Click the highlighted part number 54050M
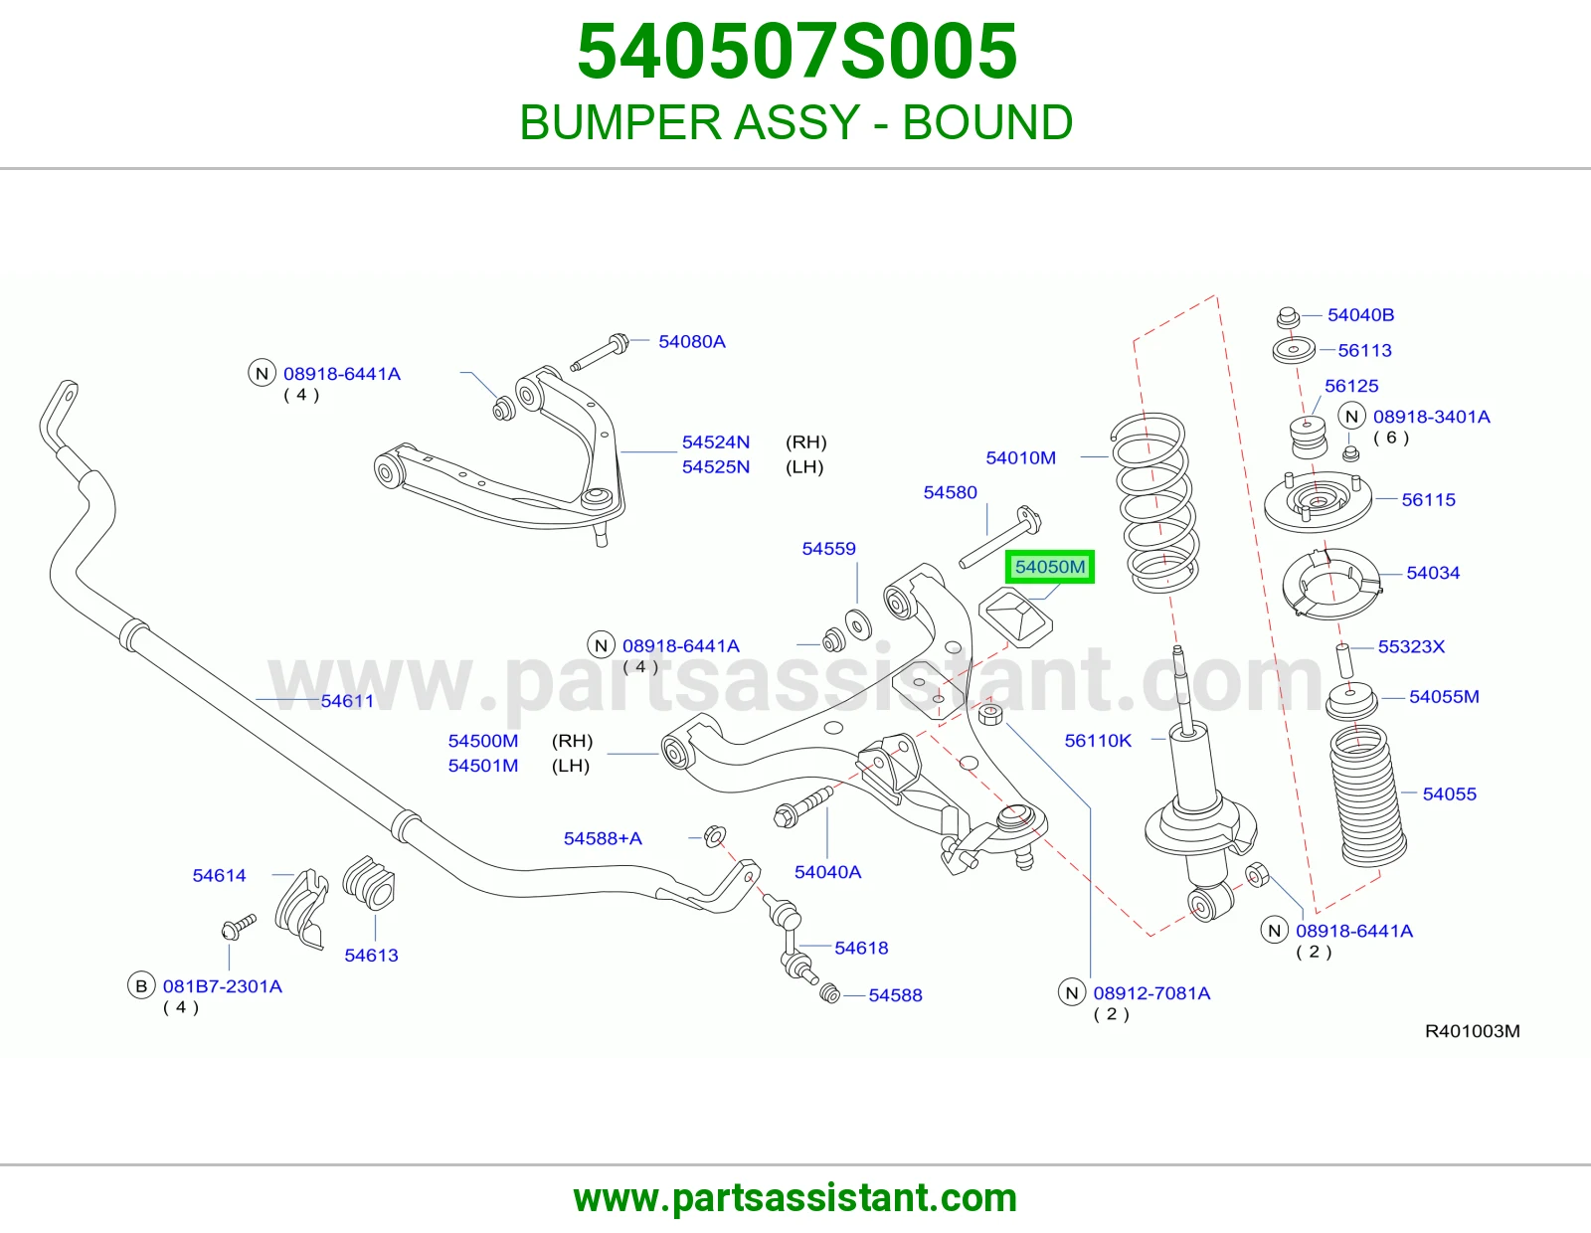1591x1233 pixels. pos(1050,567)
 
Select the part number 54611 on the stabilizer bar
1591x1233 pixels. pos(347,701)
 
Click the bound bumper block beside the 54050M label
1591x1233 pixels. pos(1015,617)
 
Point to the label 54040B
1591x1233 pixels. pos(1360,315)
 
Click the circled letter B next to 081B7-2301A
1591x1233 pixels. pos(141,985)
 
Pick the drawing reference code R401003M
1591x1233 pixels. pos(1473,1031)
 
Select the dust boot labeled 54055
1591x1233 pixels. pos(1367,795)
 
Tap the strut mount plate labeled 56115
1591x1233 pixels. pos(1318,504)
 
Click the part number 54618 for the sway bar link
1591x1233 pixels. pos(861,948)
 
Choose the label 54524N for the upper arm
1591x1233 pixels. pos(715,442)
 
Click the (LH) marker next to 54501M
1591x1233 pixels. pos(571,765)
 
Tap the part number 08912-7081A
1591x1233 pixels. pos(1151,992)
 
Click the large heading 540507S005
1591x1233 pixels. pos(796,52)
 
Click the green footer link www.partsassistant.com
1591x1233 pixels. pos(795,1198)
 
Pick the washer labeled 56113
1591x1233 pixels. pos(1294,349)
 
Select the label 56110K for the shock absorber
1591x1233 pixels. pos(1098,740)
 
